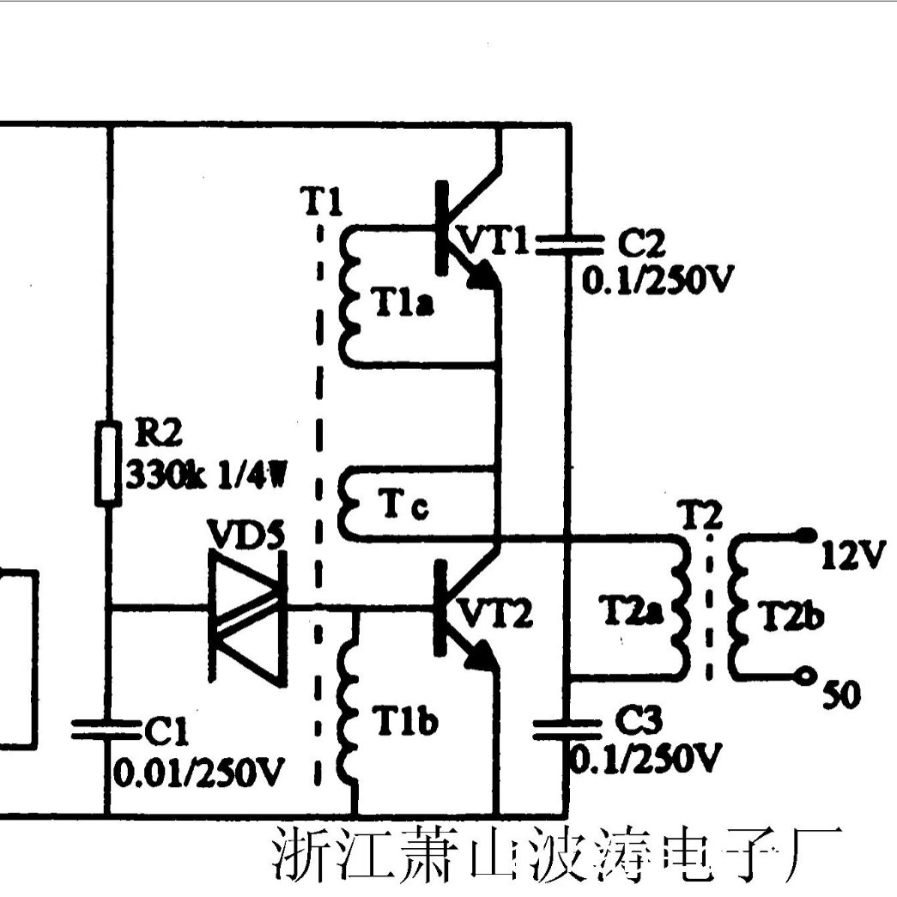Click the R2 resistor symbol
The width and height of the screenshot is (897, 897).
click(x=106, y=463)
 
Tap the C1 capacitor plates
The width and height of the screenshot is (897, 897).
click(x=106, y=730)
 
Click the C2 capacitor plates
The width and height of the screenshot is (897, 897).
click(x=567, y=243)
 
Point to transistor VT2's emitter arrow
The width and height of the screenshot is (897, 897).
click(x=484, y=654)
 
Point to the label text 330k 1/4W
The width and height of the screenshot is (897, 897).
click(x=206, y=473)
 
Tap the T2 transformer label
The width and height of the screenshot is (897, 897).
click(x=701, y=516)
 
